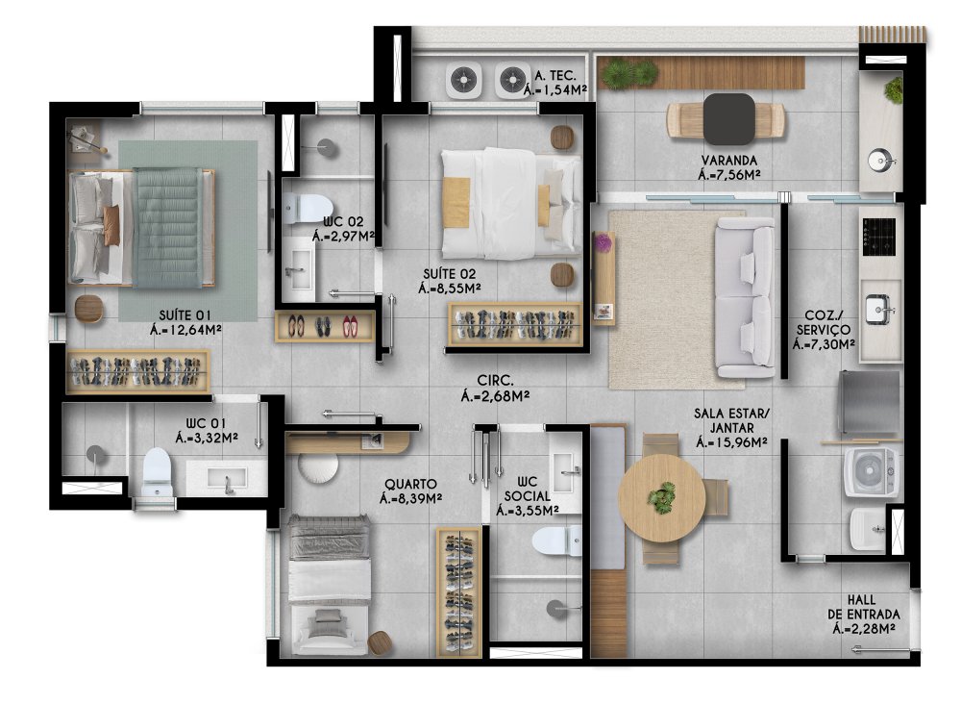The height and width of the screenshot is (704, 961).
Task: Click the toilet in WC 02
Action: [x=308, y=209]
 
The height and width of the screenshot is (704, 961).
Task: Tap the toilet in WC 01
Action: [x=157, y=471]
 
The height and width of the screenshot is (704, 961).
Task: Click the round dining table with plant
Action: [x=662, y=497]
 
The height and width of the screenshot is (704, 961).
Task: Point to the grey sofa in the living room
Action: [x=745, y=297]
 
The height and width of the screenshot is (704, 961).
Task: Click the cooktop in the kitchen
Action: [x=879, y=237]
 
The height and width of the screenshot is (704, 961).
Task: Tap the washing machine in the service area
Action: [x=871, y=471]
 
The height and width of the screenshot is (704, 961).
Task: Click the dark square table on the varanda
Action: [x=728, y=119]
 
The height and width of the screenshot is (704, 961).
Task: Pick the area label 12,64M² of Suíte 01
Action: [x=185, y=330]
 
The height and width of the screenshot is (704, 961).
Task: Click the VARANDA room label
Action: [x=729, y=160]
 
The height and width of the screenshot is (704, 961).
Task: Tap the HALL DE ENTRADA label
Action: [x=864, y=607]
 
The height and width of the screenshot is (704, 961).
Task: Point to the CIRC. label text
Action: [x=495, y=381]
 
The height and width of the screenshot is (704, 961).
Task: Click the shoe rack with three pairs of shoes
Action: [x=324, y=326]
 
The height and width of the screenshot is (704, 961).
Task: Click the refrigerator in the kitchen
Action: [x=869, y=402]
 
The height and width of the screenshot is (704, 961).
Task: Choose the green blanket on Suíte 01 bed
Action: [x=167, y=228]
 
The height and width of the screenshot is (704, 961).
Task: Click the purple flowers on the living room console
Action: [x=604, y=243]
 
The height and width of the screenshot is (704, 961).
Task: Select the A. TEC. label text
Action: [x=555, y=75]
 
